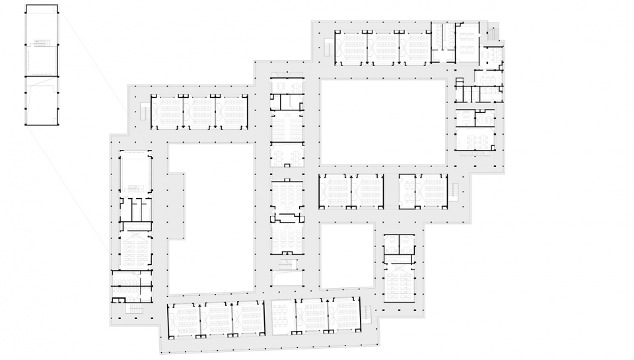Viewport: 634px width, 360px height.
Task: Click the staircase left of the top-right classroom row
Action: tap(328, 47)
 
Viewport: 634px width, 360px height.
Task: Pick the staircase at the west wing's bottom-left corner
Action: tap(135, 308)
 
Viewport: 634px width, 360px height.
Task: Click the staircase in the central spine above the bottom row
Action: tap(286, 264)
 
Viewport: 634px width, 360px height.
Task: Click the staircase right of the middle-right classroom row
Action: tap(454, 191)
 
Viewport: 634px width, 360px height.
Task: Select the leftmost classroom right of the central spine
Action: tap(335, 191)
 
